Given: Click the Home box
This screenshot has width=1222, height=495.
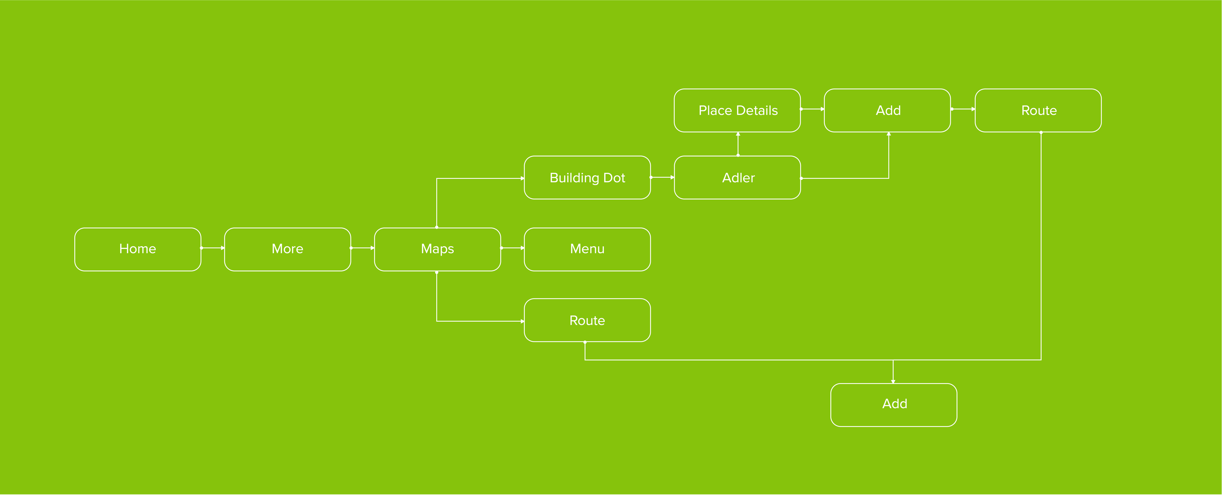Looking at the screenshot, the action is (x=138, y=249).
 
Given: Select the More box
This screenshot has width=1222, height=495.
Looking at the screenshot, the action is (x=288, y=249).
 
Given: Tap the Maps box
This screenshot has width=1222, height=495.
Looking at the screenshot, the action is (x=437, y=249).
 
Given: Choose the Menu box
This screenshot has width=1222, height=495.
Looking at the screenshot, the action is (x=587, y=249).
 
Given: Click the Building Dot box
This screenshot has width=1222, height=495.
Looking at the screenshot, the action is (x=587, y=178).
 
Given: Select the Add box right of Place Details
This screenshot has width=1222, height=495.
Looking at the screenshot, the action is (x=888, y=110).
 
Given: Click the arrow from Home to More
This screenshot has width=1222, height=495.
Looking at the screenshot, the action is (x=213, y=248).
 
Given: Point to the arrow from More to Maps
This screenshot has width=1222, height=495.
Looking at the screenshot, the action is (x=363, y=248).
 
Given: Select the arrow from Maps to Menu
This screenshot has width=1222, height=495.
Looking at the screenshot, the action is (x=513, y=248).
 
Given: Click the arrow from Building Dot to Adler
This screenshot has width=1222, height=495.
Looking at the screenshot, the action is (x=663, y=177).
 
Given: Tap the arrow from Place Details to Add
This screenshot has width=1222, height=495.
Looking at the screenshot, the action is (x=813, y=109).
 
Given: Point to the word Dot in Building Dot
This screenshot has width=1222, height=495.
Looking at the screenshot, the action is (x=614, y=178).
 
